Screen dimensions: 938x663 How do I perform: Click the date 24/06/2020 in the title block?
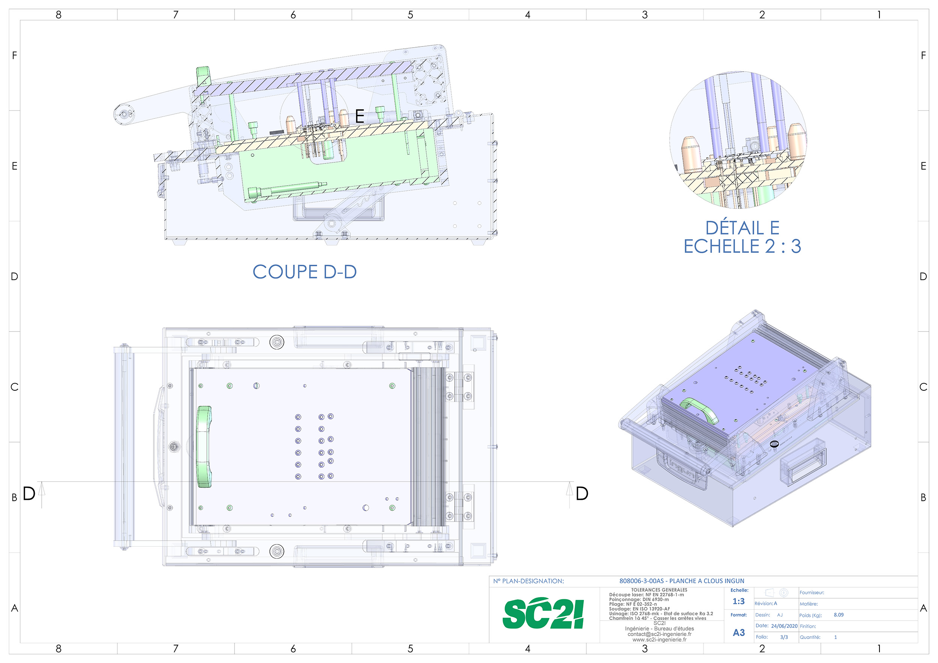pyautogui.click(x=784, y=626)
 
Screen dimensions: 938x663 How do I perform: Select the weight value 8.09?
pyautogui.click(x=838, y=615)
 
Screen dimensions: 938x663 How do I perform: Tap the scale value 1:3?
pyautogui.click(x=739, y=601)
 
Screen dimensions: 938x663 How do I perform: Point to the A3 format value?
pyautogui.click(x=739, y=633)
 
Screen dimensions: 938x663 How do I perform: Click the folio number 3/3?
pyautogui.click(x=784, y=637)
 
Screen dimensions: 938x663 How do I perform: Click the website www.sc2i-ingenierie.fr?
pyautogui.click(x=659, y=640)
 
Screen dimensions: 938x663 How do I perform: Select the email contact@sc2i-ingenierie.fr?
pyautogui.click(x=659, y=634)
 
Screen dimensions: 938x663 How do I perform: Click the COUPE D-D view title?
pyautogui.click(x=305, y=272)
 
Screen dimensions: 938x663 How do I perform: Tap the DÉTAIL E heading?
pyautogui.click(x=742, y=228)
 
